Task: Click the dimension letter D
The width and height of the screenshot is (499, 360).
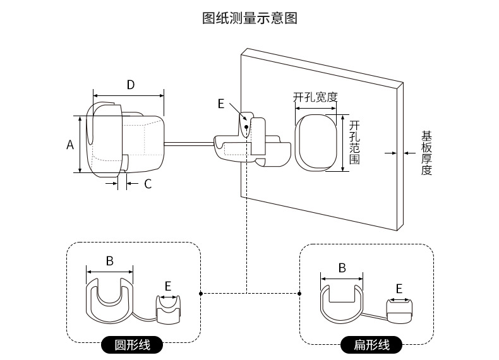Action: pos(131,85)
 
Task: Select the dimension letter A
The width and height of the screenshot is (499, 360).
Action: pos(71,145)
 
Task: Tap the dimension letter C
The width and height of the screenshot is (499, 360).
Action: pos(148,184)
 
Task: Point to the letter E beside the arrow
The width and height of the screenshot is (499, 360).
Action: pos(221,104)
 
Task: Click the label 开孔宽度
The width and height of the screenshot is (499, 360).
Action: pos(315,97)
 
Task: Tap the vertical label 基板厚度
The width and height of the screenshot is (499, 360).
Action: pos(427,153)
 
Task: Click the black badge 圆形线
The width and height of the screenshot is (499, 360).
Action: pos(132,345)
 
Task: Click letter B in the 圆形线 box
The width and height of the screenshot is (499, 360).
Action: pos(109,260)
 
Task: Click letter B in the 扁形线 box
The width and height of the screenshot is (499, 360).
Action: pos(342,268)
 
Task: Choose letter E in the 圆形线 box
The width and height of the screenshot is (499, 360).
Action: pos(168,286)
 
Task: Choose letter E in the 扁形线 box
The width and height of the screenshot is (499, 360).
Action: pos(399,289)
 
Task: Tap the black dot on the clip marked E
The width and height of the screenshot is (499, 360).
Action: pos(246,127)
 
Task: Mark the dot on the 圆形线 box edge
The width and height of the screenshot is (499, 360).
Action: pos(201,293)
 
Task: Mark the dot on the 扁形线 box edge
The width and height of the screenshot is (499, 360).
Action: pos(299,293)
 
